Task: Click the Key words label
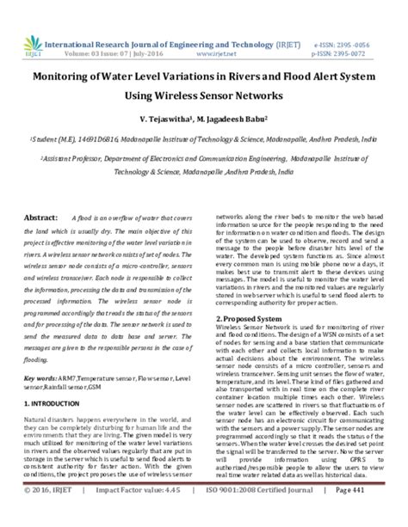(x=41, y=354)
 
